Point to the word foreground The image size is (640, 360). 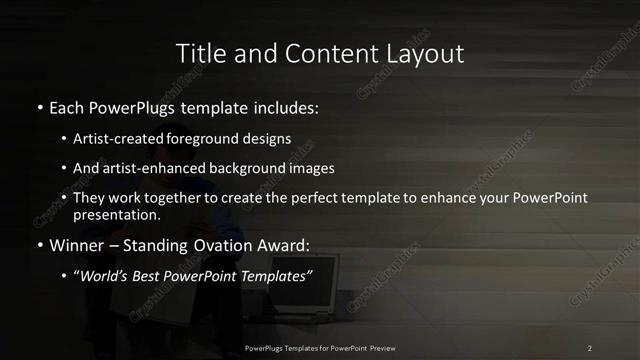coord(205,140)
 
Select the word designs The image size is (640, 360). coord(267,140)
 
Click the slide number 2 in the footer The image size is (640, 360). coord(590,348)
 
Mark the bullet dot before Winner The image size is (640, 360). coord(39,243)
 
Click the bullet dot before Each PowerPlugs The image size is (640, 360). coord(39,106)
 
